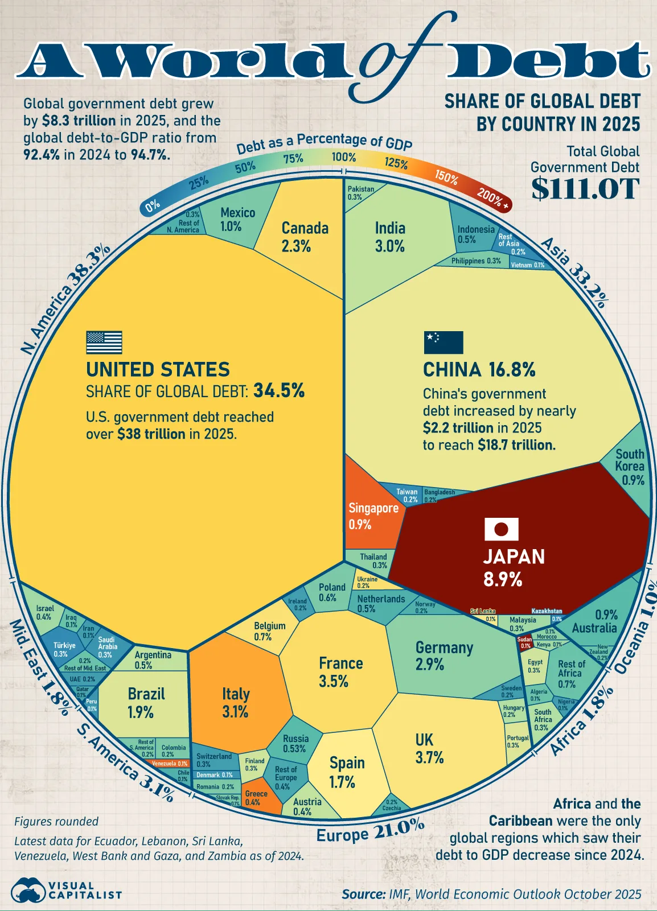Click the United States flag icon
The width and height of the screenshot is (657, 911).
(x=104, y=343)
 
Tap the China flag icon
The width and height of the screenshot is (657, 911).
(x=444, y=343)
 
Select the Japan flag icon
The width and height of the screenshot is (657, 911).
(x=501, y=529)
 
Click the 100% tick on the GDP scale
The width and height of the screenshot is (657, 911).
(x=344, y=157)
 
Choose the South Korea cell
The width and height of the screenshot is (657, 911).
(x=631, y=467)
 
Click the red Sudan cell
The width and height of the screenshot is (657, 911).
(x=525, y=642)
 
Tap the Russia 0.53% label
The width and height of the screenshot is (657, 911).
(x=295, y=744)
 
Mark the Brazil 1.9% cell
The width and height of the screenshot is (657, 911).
(x=146, y=703)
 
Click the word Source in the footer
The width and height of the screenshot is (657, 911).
(x=364, y=894)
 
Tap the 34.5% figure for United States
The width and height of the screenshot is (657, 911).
(x=279, y=391)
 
